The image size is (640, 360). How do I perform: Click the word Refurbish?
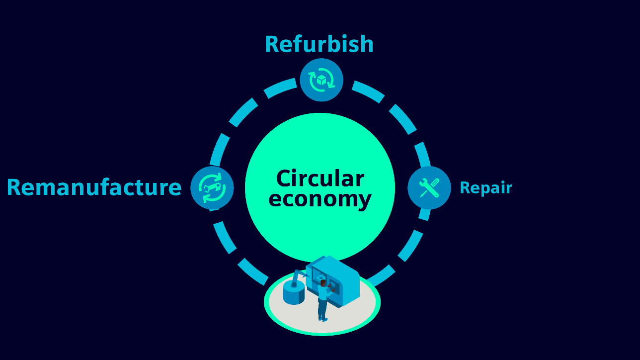[x=319, y=44]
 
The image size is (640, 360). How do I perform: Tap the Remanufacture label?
[x=94, y=187]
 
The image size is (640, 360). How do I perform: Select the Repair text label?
[x=485, y=187]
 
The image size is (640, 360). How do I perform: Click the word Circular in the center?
[x=320, y=179]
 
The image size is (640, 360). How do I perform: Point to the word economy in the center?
[x=320, y=199]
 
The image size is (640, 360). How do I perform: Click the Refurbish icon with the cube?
[x=321, y=80]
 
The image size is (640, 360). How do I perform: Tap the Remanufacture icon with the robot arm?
[x=212, y=187]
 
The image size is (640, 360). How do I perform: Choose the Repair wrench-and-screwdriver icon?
[x=429, y=187]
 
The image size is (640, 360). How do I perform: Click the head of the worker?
[x=323, y=283]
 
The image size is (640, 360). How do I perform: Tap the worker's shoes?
[x=323, y=319]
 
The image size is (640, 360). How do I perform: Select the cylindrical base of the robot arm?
[x=294, y=294]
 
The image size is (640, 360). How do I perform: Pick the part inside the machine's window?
[x=320, y=277]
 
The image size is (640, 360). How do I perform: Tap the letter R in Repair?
[x=465, y=187]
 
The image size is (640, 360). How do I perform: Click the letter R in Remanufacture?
[x=14, y=187]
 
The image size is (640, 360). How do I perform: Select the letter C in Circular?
[x=283, y=179]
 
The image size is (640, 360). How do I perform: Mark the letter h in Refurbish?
[x=366, y=44]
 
